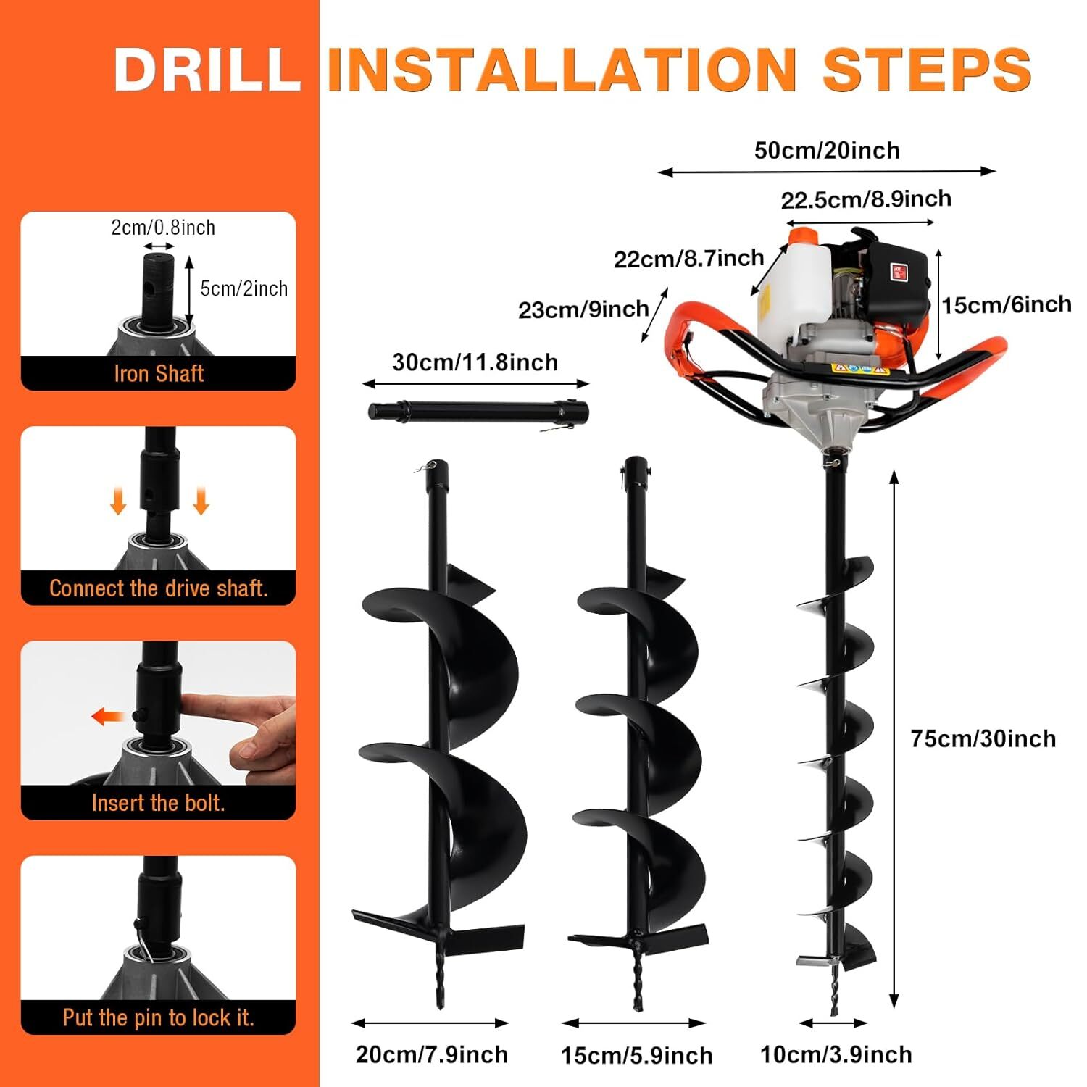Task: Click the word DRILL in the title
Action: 207,70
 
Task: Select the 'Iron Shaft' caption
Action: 159,374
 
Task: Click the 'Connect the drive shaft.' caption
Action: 159,588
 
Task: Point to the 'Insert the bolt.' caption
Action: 159,803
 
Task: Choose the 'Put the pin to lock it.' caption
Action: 159,1017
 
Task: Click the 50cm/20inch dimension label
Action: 827,151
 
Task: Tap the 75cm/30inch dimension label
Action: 983,739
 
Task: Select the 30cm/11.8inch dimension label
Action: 475,362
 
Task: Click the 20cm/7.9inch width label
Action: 432,1054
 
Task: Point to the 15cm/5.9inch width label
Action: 636,1056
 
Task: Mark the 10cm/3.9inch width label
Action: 836,1054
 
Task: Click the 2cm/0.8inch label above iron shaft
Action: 163,228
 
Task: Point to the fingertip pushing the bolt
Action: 190,701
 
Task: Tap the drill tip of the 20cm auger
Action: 439,986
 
